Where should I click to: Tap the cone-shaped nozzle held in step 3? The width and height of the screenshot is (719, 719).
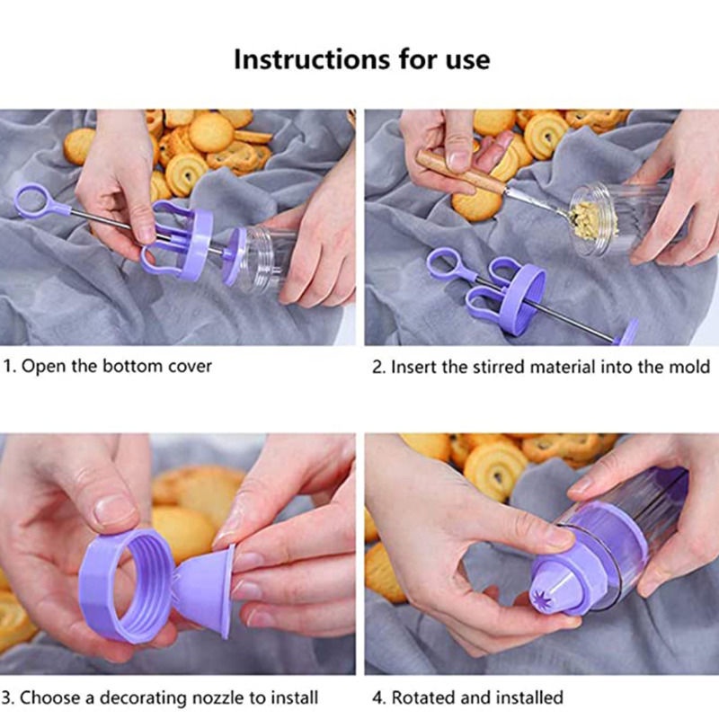pos(204,590)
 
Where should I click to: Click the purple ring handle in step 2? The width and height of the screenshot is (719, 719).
pos(443,263)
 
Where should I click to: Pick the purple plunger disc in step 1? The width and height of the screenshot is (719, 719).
pos(235,256)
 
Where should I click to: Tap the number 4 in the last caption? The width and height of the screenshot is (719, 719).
pos(377,698)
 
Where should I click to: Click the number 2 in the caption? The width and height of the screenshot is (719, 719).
pos(377,367)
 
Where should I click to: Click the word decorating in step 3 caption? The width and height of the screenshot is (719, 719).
pos(143,698)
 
